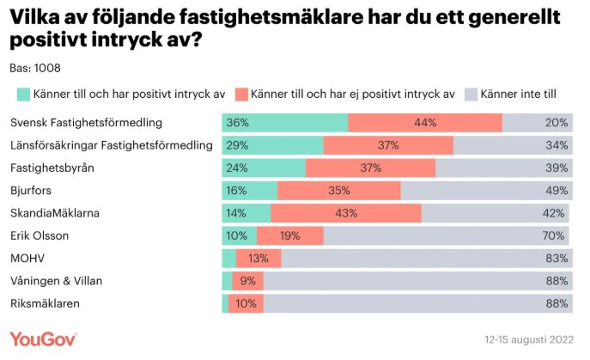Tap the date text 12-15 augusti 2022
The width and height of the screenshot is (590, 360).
coord(529,339)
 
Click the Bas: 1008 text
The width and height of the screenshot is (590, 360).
coord(35,68)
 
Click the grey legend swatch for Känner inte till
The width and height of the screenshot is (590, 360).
coord(471,94)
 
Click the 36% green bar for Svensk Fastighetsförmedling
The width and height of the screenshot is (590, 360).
coord(284,123)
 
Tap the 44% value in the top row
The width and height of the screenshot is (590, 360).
coord(425,123)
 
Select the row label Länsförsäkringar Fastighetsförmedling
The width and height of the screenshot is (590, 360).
coord(111,145)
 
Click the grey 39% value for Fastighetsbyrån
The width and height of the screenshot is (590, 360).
coord(556,168)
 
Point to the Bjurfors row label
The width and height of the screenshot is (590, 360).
coord(32,190)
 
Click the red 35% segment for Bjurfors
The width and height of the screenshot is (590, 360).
coord(338,190)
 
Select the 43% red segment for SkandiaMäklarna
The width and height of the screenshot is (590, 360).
coord(346,212)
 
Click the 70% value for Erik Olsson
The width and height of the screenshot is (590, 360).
coord(556,235)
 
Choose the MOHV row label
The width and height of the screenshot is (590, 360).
coord(27,258)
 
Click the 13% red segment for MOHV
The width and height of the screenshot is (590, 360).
coord(259,258)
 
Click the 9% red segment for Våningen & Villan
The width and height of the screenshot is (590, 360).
coord(248,280)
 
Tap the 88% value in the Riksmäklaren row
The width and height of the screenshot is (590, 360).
coord(556,302)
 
